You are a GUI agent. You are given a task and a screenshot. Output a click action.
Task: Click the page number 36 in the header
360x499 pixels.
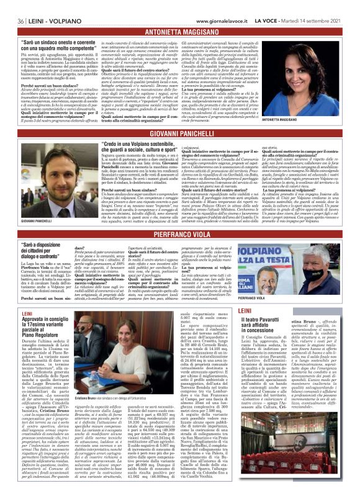pos(11,5)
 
